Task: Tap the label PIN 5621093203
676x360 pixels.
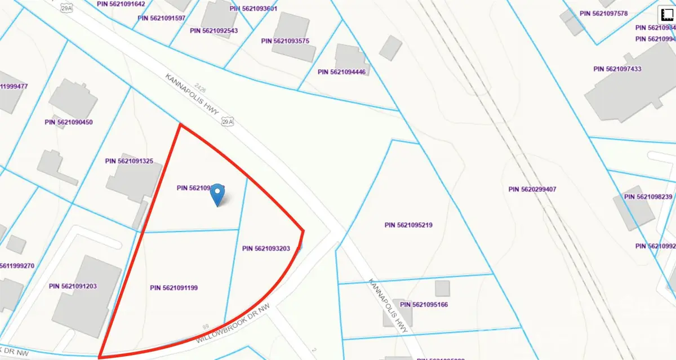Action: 266,248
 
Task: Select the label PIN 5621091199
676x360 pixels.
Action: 174,288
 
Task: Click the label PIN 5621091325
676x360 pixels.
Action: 129,161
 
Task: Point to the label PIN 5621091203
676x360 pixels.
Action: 73,286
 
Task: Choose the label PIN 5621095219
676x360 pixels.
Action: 408,225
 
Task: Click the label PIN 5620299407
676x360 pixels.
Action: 532,189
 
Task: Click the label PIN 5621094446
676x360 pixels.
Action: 341,72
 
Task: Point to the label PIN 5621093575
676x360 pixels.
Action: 286,41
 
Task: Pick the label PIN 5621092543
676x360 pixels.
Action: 214,30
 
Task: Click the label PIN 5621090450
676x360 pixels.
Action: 69,122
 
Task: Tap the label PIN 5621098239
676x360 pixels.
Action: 648,197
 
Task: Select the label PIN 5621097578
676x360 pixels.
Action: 603,13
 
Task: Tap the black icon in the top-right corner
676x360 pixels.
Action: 668,13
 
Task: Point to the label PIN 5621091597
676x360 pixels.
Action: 162,18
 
